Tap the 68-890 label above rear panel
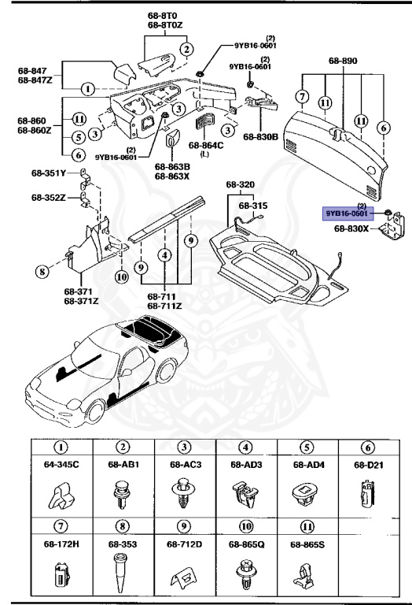click(x=341, y=60)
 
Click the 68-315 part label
click(x=253, y=205)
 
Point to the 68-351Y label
click(x=49, y=173)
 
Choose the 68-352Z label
click(x=49, y=198)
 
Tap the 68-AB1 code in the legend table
click(x=123, y=464)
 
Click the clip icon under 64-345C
click(x=61, y=495)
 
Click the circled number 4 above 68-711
click(x=164, y=255)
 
